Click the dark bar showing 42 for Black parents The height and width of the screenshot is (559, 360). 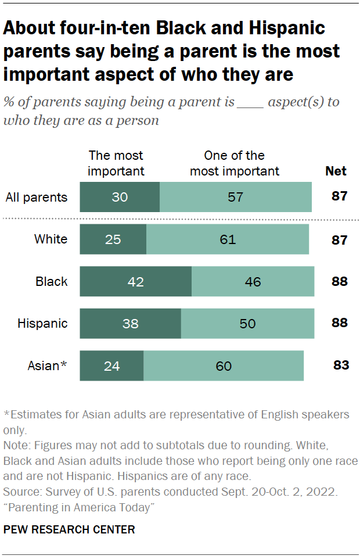point(135,282)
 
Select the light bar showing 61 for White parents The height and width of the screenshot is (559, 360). point(228,239)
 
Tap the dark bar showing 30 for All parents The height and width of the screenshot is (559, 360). point(119,197)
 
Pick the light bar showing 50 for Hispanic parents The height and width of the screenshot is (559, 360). point(247,324)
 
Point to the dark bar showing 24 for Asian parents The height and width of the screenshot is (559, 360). point(111,366)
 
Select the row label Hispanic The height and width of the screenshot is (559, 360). point(42,324)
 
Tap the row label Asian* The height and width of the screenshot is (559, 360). point(48,366)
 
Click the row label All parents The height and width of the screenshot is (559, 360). point(37,197)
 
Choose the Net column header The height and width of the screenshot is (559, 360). point(336,171)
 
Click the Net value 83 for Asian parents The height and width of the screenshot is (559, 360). point(340,365)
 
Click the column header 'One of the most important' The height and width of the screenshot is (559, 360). point(235,163)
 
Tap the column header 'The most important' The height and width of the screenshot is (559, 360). point(116,163)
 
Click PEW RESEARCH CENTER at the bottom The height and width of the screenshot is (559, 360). point(69,529)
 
